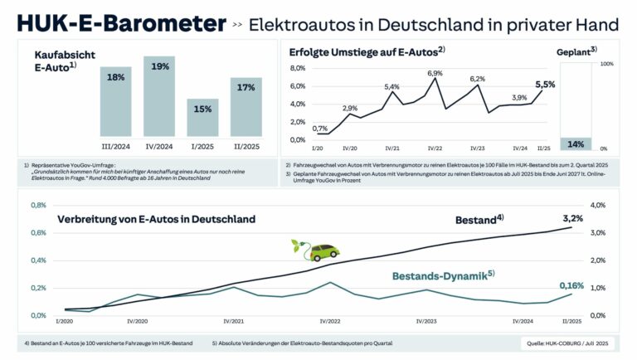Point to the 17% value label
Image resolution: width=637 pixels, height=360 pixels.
(245, 86)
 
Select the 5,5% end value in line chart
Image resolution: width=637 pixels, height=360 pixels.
(546, 84)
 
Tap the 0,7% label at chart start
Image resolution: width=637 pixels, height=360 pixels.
(320, 129)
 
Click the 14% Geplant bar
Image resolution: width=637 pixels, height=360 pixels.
(576, 144)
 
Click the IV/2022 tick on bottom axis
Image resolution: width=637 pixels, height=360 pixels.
(330, 321)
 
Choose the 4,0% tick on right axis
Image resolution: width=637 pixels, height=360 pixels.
(598, 205)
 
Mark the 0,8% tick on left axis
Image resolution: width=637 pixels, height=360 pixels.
(37, 205)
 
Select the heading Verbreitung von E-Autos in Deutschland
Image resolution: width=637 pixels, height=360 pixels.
(156, 220)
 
